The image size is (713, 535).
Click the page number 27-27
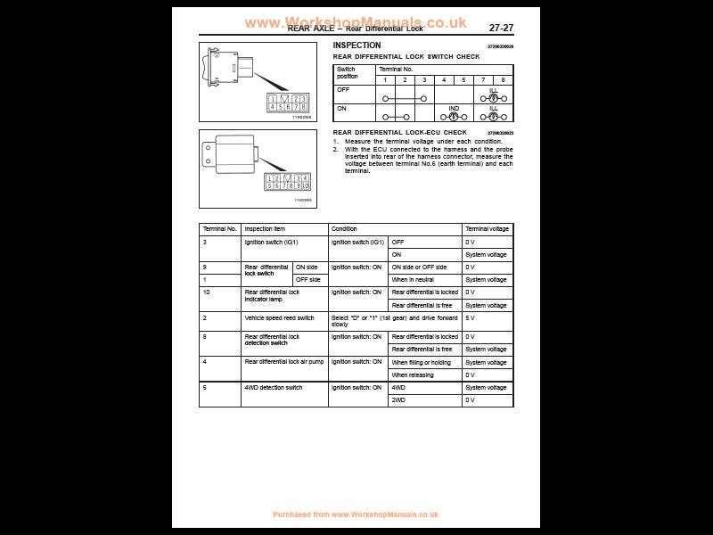(501, 28)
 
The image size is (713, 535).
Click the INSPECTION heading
(356, 45)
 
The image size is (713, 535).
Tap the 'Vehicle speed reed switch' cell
(280, 317)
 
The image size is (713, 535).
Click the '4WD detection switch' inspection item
(274, 388)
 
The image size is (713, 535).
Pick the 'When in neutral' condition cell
(413, 280)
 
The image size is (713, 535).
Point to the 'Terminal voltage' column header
(487, 229)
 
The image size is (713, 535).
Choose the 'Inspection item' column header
(265, 229)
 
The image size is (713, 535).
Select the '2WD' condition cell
(398, 400)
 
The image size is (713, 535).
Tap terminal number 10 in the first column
(206, 292)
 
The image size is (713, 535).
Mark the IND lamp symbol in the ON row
(454, 115)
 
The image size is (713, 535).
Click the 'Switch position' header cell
(347, 72)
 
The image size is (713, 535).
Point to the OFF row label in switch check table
(343, 89)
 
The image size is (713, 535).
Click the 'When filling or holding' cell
(421, 362)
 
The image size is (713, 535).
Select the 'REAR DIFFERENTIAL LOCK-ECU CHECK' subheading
(399, 132)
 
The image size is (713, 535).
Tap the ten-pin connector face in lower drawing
(287, 182)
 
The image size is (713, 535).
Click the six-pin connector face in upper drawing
(288, 103)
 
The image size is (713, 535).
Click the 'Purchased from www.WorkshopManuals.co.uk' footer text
(356, 514)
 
